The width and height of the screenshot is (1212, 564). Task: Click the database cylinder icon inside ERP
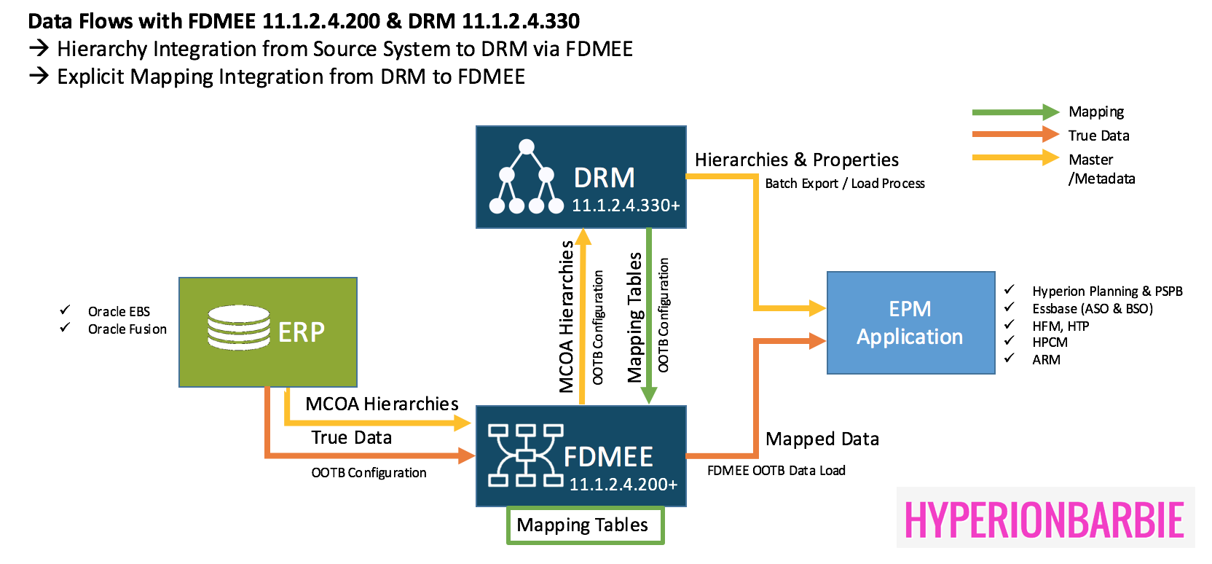point(238,328)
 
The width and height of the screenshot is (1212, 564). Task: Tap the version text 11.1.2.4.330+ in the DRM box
point(626,205)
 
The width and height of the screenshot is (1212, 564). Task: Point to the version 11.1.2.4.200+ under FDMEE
point(623,485)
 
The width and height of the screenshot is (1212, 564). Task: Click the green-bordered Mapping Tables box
point(585,525)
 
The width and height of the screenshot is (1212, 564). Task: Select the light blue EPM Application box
point(910,323)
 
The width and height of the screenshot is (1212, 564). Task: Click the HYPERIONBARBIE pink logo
point(1044,519)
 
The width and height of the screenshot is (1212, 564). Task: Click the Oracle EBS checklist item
point(119,312)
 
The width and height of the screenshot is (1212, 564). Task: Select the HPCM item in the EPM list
point(1050,342)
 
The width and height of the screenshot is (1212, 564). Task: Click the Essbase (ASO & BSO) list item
point(1092,309)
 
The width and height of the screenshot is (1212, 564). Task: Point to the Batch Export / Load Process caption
point(844,184)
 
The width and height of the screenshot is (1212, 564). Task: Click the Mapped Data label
point(822,439)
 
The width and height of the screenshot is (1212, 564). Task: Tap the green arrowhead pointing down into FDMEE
point(648,396)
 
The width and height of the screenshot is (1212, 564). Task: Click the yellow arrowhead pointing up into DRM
point(583,236)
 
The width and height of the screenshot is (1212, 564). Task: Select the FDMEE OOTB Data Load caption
point(776,471)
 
